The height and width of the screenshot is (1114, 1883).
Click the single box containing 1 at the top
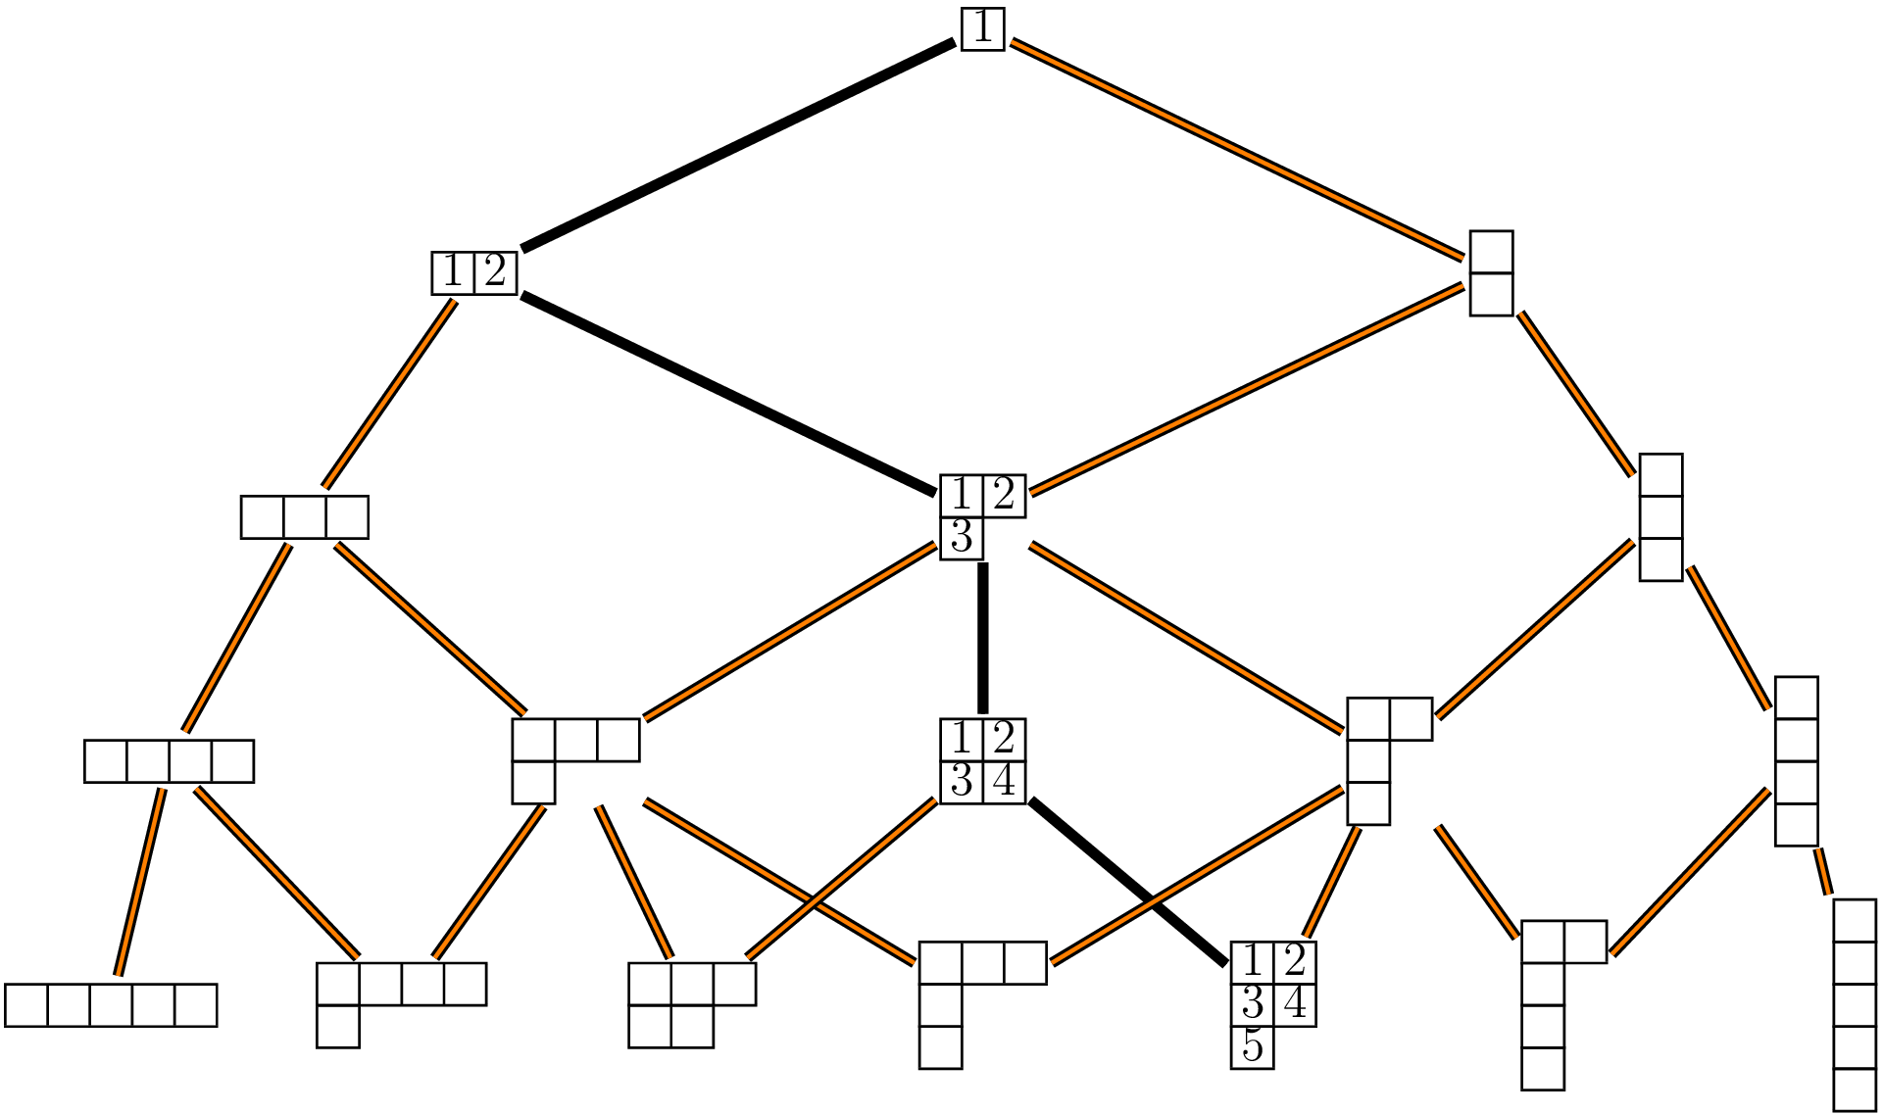click(x=982, y=28)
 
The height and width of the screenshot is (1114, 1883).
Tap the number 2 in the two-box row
click(x=495, y=271)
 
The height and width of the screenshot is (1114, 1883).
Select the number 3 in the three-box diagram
click(x=962, y=538)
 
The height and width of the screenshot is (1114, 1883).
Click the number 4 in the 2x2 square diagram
click(x=1004, y=782)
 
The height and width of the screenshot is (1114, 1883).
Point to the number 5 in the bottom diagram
click(x=1252, y=1047)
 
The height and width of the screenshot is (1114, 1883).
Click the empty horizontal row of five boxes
click(x=111, y=1005)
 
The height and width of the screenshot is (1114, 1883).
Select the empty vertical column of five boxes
click(x=1854, y=1005)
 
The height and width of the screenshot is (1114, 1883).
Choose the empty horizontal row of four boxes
click(x=169, y=761)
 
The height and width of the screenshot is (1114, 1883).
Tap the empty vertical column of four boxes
click(x=1796, y=760)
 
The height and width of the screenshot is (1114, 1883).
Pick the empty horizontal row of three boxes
click(x=304, y=517)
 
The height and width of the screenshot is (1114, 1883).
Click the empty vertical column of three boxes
click(x=1660, y=517)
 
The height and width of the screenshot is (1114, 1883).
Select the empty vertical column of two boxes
click(x=1491, y=273)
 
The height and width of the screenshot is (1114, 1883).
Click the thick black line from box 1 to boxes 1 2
click(x=737, y=144)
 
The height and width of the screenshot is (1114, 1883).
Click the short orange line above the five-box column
click(x=1822, y=871)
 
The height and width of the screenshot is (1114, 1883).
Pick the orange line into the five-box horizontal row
click(x=139, y=882)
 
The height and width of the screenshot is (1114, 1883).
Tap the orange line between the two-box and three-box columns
click(x=1575, y=394)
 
